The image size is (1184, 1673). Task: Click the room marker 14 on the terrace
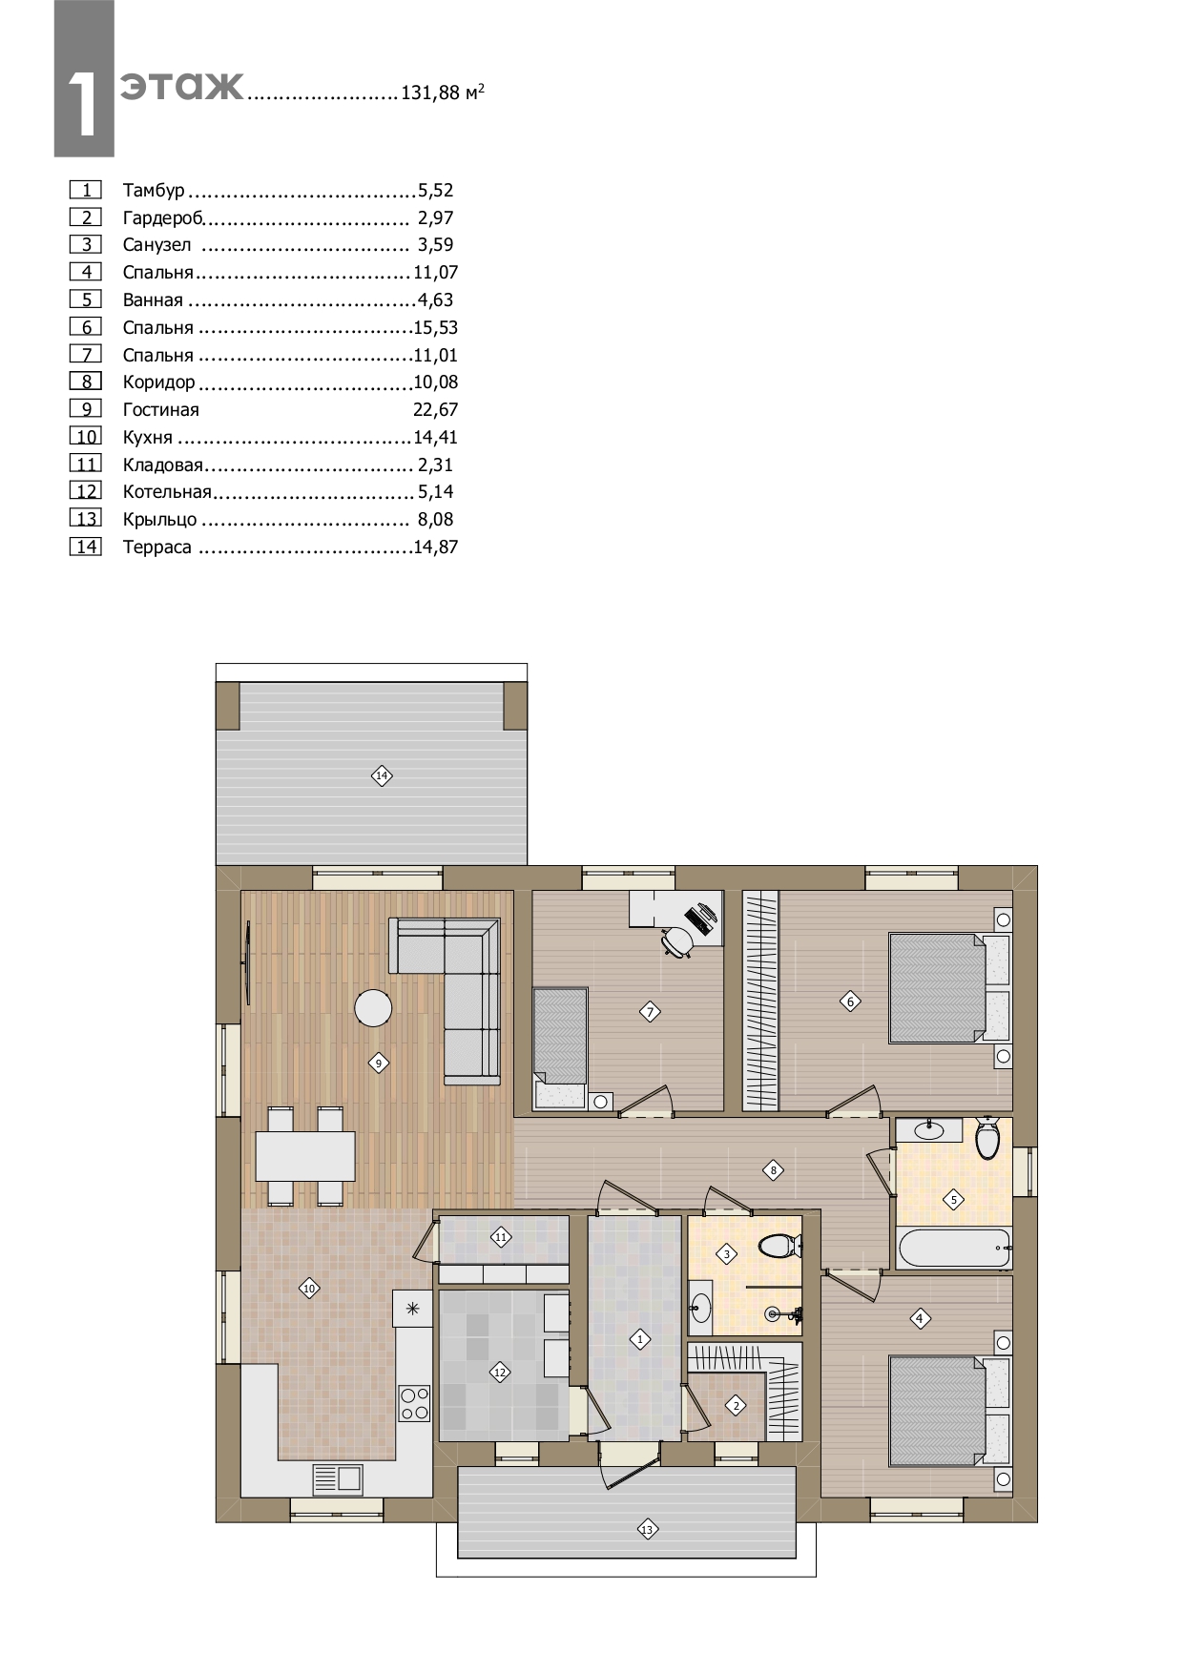[x=382, y=775]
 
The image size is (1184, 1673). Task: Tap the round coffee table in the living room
[x=373, y=1008]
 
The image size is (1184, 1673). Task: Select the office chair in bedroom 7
[x=677, y=940]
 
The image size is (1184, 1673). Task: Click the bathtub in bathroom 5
[x=953, y=1248]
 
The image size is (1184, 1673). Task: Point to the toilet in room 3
[x=781, y=1246]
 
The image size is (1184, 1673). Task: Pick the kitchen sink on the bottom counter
[x=338, y=1479]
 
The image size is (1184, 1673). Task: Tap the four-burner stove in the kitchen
[x=415, y=1403]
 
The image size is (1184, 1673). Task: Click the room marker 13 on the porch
[x=647, y=1530]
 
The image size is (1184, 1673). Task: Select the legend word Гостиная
[x=161, y=410]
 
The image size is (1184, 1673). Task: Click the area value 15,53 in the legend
[x=436, y=327]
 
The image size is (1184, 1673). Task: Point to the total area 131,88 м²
[x=443, y=93]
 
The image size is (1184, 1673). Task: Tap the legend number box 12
[x=86, y=491]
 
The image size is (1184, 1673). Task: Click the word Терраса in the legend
[x=157, y=547]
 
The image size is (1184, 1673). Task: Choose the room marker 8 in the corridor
[x=773, y=1170]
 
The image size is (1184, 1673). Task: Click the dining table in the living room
[x=305, y=1156]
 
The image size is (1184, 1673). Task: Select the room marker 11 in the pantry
[x=501, y=1237]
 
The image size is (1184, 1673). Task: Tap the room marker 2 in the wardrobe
[x=736, y=1405]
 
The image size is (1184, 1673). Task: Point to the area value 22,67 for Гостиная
[x=436, y=410]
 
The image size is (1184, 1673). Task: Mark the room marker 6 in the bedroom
[x=850, y=1002]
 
